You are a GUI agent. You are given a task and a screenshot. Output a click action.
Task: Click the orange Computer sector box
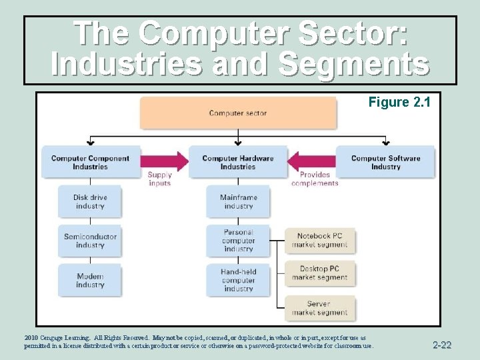coord(238,113)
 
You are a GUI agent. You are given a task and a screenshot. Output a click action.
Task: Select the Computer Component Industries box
coord(91,162)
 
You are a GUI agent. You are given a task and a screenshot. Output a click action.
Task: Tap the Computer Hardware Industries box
coord(238,162)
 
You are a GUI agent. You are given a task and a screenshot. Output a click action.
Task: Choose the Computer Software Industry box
coord(385,162)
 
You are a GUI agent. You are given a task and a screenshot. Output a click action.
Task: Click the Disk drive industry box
coord(90,201)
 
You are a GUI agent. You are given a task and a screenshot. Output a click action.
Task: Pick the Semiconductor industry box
coord(90,241)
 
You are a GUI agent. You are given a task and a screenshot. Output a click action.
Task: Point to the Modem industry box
coord(90,280)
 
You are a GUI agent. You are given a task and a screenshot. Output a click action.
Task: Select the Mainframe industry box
coord(238,201)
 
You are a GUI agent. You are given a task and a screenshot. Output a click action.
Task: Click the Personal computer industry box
coord(238,241)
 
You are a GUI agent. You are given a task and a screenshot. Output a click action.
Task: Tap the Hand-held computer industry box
coord(238,280)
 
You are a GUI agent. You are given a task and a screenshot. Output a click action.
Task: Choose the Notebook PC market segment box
coord(319,240)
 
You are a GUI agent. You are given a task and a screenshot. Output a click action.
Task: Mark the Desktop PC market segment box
coord(319,273)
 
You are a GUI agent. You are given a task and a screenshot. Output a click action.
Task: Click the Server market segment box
coord(319,308)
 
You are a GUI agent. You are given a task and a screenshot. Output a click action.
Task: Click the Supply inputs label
coord(160,179)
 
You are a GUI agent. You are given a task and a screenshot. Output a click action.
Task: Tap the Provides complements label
coord(315,179)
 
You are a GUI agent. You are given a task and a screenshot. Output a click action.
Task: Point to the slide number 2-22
coord(442,345)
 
